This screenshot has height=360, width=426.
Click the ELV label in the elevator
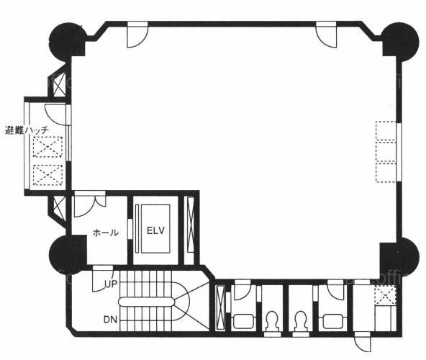pos(155,230)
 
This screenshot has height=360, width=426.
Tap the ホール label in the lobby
pos(106,233)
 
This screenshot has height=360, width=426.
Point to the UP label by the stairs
pos(111,284)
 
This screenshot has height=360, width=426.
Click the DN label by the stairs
pos(110,320)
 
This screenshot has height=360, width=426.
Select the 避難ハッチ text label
pos(27,130)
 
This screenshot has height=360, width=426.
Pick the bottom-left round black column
pos(68,255)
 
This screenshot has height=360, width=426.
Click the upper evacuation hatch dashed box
pos(47,147)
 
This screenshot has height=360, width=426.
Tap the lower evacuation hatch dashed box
pos(47,175)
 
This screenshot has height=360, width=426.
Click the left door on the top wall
pos(137,35)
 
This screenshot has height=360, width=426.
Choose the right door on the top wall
pos(326,35)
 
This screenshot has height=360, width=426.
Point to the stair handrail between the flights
pos(146,301)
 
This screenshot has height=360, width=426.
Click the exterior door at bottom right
pos(362,343)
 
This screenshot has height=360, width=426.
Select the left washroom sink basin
pos(244,321)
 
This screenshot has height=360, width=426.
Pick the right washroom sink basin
pos(332,321)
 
